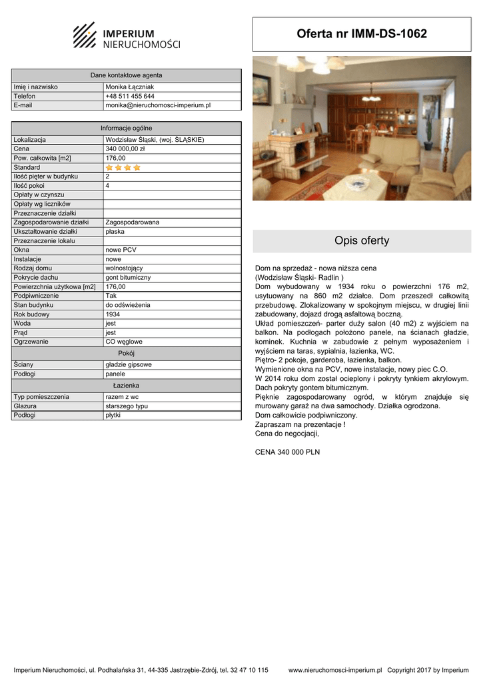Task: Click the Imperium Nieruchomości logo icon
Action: point(85,35)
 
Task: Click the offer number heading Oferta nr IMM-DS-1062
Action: point(362,34)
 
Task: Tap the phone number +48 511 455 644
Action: point(130,96)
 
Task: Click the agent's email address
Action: point(158,105)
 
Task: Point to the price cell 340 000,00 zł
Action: point(125,149)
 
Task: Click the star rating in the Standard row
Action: point(123,167)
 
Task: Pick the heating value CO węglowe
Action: point(124,342)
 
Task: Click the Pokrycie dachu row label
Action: point(36,277)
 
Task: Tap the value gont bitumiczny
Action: point(128,277)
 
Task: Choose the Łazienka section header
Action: point(126,385)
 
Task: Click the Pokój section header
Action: point(126,353)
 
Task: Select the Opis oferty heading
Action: point(362,240)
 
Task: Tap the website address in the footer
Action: point(335,670)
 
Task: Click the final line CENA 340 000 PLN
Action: point(287,452)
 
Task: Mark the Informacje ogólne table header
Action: point(126,128)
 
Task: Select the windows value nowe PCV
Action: point(121,250)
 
